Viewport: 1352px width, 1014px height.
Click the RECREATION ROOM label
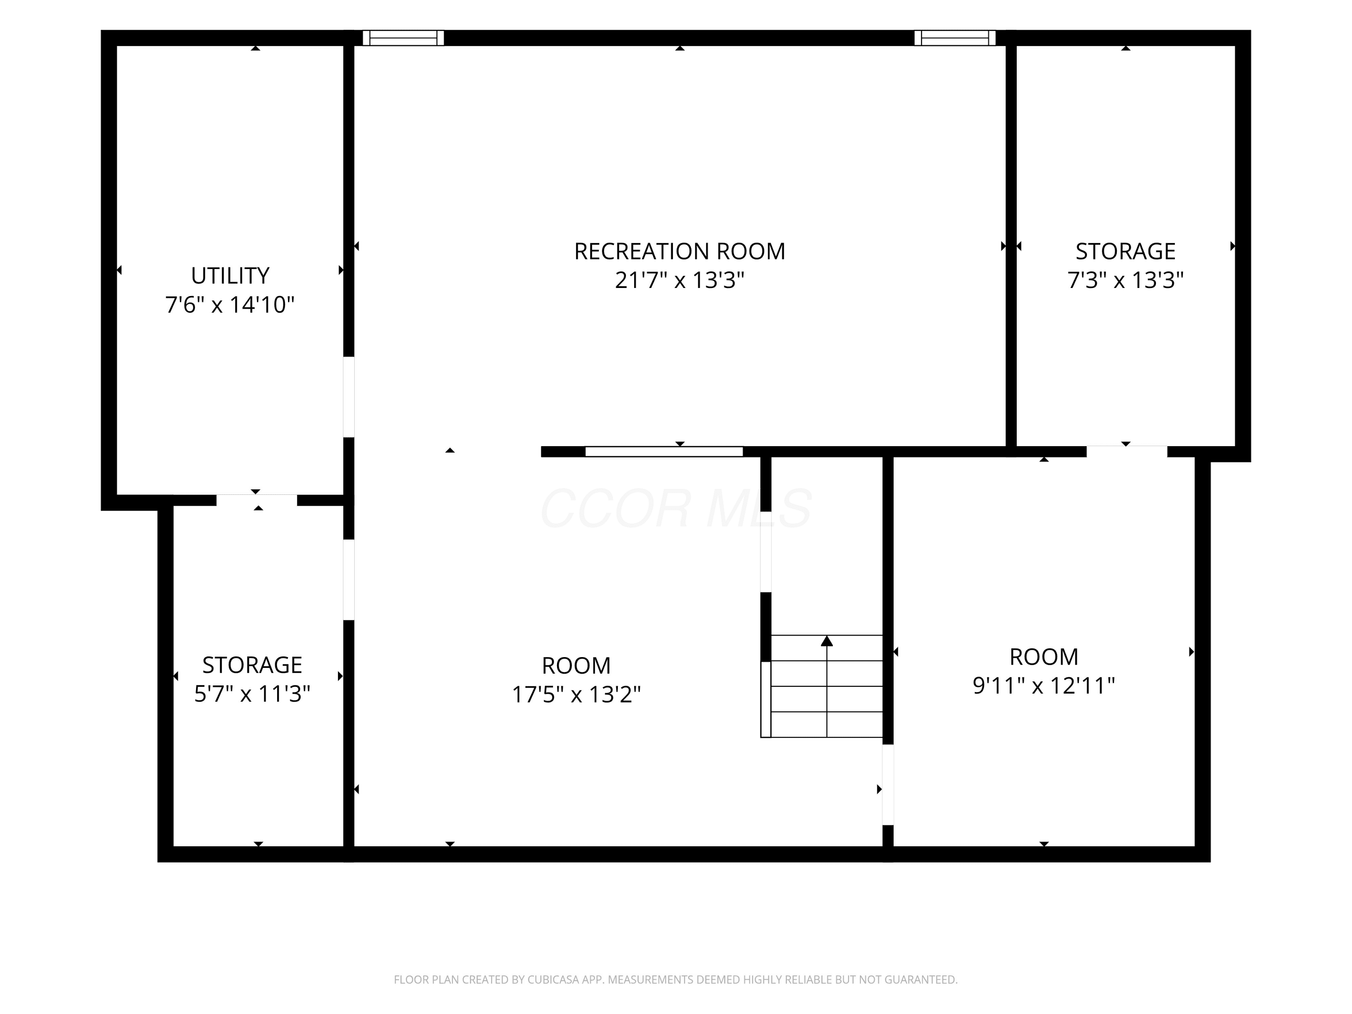(x=679, y=251)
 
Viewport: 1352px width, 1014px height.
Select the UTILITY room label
(x=230, y=276)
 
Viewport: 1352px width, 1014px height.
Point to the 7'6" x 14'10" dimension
(x=230, y=304)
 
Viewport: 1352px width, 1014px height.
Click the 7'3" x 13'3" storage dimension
(x=1125, y=280)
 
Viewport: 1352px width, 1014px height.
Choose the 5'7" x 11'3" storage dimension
(x=252, y=694)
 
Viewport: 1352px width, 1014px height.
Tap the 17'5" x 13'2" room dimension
(x=576, y=694)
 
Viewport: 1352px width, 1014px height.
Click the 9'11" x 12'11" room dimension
(x=1043, y=686)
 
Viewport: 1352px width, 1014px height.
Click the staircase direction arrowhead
(x=827, y=640)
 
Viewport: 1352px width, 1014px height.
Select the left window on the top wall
(x=403, y=38)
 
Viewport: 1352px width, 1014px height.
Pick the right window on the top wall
(x=955, y=38)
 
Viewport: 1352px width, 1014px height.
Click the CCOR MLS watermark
(x=676, y=508)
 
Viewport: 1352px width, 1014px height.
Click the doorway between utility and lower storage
(x=257, y=500)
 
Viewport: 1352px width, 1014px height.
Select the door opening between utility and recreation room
(x=348, y=397)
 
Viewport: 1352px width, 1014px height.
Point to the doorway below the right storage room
(x=1127, y=452)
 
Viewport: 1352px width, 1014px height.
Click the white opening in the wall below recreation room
(x=664, y=452)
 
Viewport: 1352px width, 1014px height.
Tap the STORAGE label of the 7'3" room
(x=1125, y=251)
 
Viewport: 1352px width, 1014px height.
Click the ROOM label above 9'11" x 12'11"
(x=1043, y=657)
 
